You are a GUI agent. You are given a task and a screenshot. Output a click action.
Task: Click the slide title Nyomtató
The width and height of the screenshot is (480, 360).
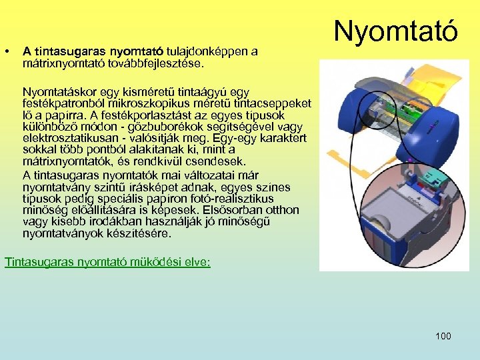pyautogui.click(x=396, y=31)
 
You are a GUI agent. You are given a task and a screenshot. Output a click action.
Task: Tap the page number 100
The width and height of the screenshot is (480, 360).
pyautogui.click(x=443, y=336)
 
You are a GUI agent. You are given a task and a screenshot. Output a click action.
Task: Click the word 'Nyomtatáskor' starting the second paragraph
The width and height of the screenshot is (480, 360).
pyautogui.click(x=57, y=91)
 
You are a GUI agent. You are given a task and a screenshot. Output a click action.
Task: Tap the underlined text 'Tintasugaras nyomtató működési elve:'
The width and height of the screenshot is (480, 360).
pyautogui.click(x=107, y=262)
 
